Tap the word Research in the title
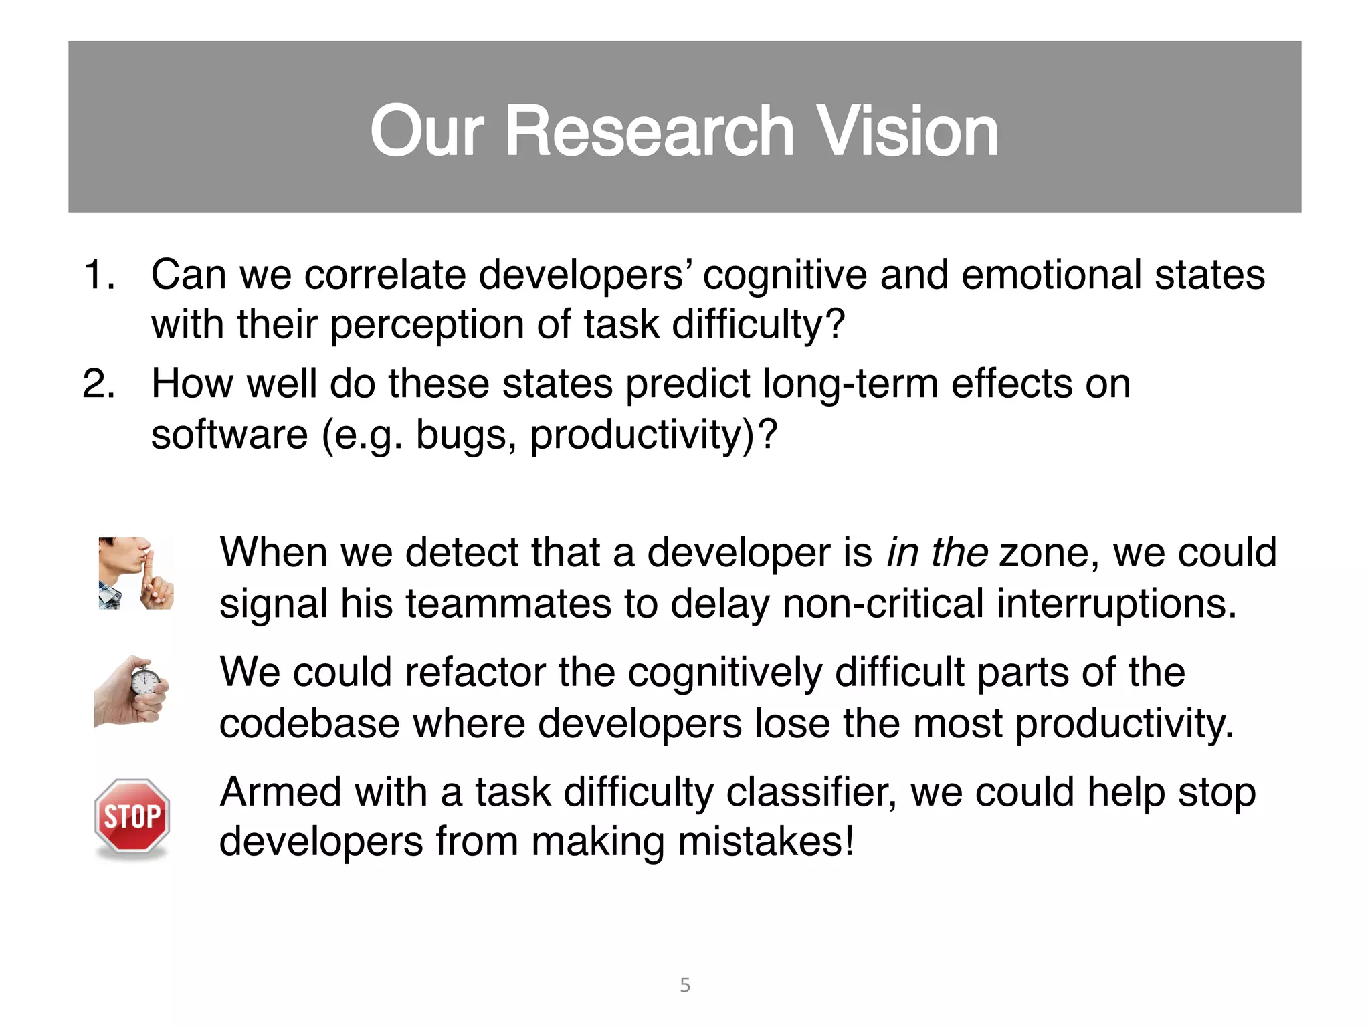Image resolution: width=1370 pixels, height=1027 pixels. pos(650,132)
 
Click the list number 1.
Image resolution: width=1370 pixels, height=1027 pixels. pos(98,275)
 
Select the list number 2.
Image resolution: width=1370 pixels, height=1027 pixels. pos(98,384)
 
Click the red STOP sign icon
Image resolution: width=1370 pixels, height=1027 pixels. pos(132,816)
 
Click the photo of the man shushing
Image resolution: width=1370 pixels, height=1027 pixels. pos(136,573)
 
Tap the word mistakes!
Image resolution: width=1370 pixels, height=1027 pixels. pos(766,842)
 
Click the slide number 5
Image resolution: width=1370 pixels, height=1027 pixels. pos(685,985)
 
